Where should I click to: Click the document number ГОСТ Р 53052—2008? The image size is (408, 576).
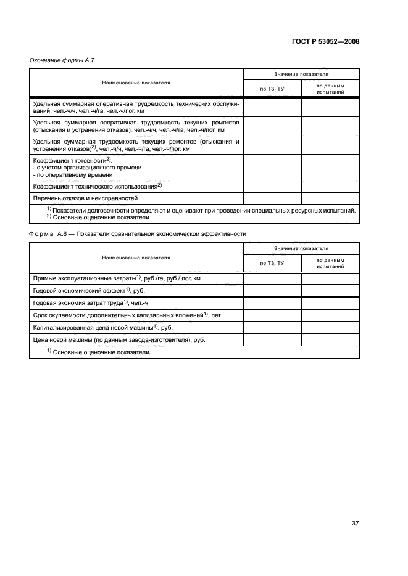(325, 42)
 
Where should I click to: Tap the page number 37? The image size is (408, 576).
(355, 524)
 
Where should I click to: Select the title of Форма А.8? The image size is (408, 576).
(138, 234)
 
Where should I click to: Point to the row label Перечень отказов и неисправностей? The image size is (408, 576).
(85, 198)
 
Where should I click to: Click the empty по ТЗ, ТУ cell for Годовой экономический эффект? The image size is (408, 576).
(272, 291)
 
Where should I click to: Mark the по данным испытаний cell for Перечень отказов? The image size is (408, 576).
(330, 198)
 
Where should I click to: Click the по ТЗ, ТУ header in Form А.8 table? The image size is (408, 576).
(272, 263)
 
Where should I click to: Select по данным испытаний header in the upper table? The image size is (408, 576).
(330, 88)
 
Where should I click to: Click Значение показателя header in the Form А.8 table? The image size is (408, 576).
(301, 248)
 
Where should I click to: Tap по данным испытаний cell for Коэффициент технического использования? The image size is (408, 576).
(330, 186)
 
